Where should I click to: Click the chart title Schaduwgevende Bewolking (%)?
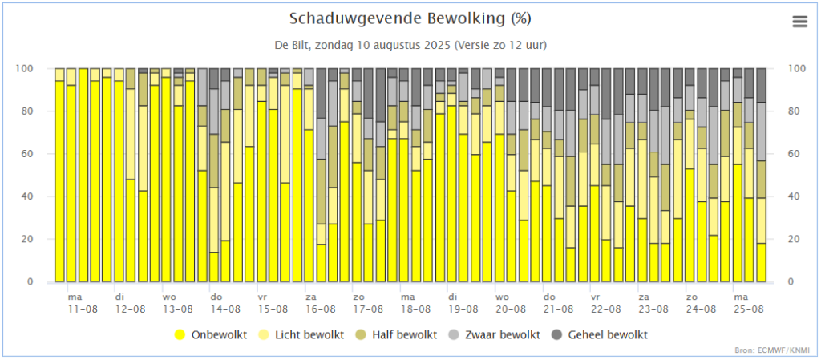point(410,18)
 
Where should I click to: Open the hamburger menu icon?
point(799,22)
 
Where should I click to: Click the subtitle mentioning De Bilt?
point(410,45)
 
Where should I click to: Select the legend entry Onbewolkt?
point(219,334)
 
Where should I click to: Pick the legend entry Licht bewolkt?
point(309,334)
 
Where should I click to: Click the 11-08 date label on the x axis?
point(83,309)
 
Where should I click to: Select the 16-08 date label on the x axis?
point(319,309)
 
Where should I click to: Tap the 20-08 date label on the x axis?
point(510,309)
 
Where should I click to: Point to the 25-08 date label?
point(747,309)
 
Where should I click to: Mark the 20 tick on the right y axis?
point(795,240)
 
